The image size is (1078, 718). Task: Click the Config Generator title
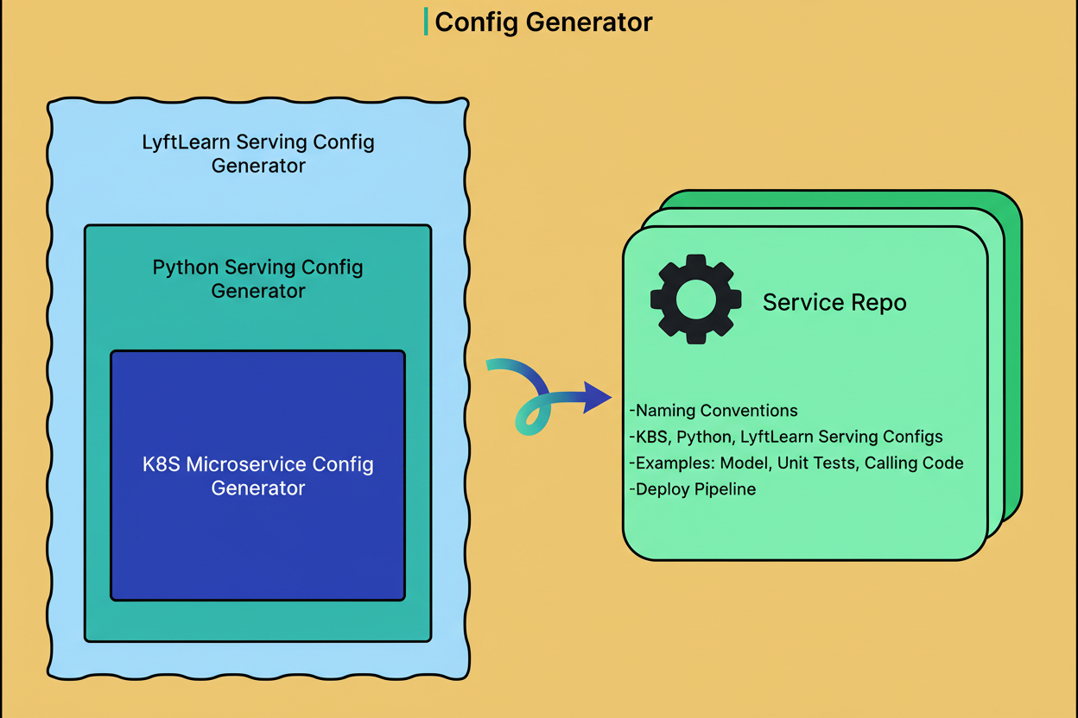pos(543,22)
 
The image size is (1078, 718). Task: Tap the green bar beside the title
pos(426,22)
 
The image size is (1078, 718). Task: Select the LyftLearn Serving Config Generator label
pos(258,154)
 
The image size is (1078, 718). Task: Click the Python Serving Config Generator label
pos(258,279)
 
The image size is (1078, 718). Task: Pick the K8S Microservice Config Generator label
pos(258,476)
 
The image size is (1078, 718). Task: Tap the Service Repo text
pos(834,302)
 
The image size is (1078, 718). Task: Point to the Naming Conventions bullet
pos(713,411)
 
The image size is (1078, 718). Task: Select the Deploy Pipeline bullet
pos(693,489)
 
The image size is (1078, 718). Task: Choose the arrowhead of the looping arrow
pos(598,397)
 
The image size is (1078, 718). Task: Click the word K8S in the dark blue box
pos(162,464)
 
